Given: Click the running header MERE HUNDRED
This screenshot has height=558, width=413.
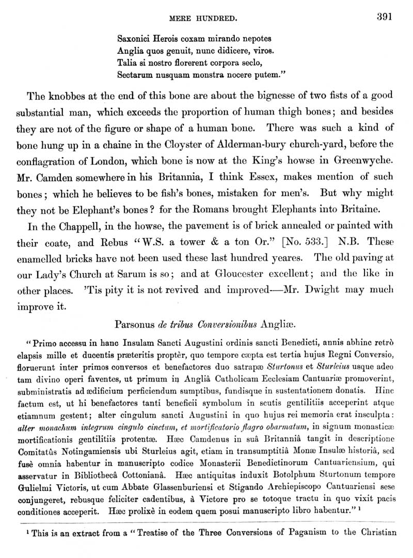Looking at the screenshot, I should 203,19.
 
